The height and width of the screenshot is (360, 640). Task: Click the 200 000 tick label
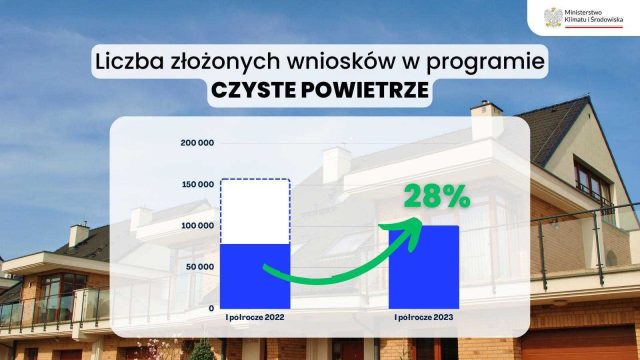click(197, 142)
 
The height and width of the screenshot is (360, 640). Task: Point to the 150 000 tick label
click(197, 184)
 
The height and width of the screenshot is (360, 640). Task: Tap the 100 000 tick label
click(197, 226)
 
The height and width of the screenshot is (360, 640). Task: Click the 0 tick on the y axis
click(211, 308)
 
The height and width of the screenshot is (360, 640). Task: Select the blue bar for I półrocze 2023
click(423, 267)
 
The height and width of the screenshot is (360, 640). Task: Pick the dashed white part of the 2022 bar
click(255, 211)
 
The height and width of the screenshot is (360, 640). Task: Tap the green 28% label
click(437, 196)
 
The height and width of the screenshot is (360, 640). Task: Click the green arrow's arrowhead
click(410, 231)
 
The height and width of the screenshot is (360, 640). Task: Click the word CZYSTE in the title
click(251, 91)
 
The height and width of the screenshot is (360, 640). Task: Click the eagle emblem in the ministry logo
click(550, 17)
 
